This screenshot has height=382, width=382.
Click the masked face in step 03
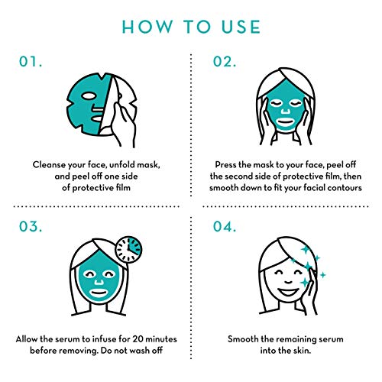pyautogui.click(x=93, y=280)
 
